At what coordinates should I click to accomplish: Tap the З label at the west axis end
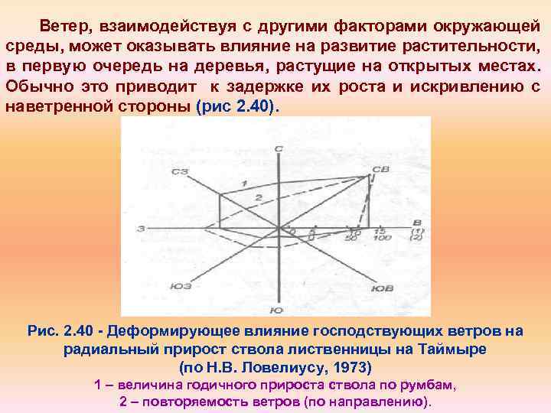point(142,229)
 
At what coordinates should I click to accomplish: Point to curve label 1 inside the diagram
point(243,183)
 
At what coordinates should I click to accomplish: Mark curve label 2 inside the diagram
point(259,197)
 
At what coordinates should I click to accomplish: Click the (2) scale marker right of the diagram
point(417,238)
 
